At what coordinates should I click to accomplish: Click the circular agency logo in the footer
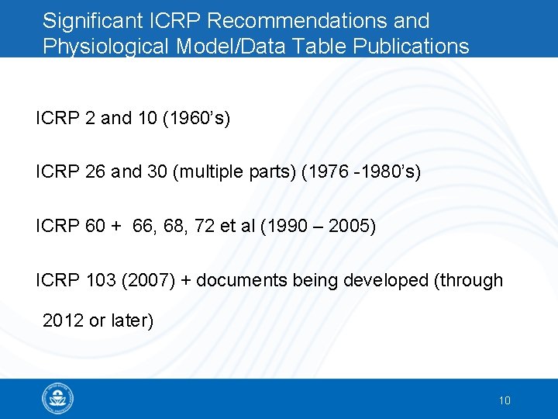(x=58, y=400)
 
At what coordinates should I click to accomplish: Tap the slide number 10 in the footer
(x=504, y=400)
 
